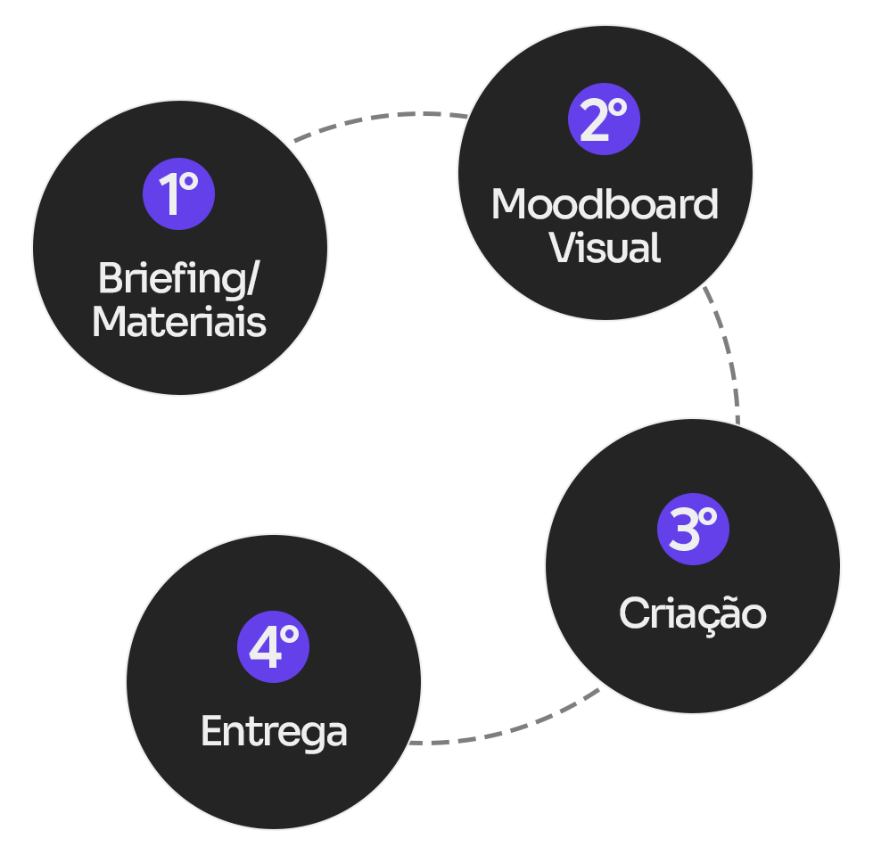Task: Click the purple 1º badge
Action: [x=178, y=193]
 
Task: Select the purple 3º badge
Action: [x=693, y=529]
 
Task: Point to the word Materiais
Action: [x=178, y=321]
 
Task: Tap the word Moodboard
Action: [x=605, y=205]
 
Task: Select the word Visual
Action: [x=605, y=248]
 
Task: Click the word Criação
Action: [x=693, y=613]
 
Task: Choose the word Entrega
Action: [x=274, y=732]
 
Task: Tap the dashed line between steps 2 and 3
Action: [x=712, y=303]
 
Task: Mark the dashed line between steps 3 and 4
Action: [x=575, y=703]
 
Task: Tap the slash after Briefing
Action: [x=251, y=278]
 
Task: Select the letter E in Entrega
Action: [x=210, y=732]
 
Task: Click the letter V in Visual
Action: [x=563, y=248]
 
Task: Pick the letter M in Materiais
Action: [x=109, y=321]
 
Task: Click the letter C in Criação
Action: [x=633, y=613]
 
